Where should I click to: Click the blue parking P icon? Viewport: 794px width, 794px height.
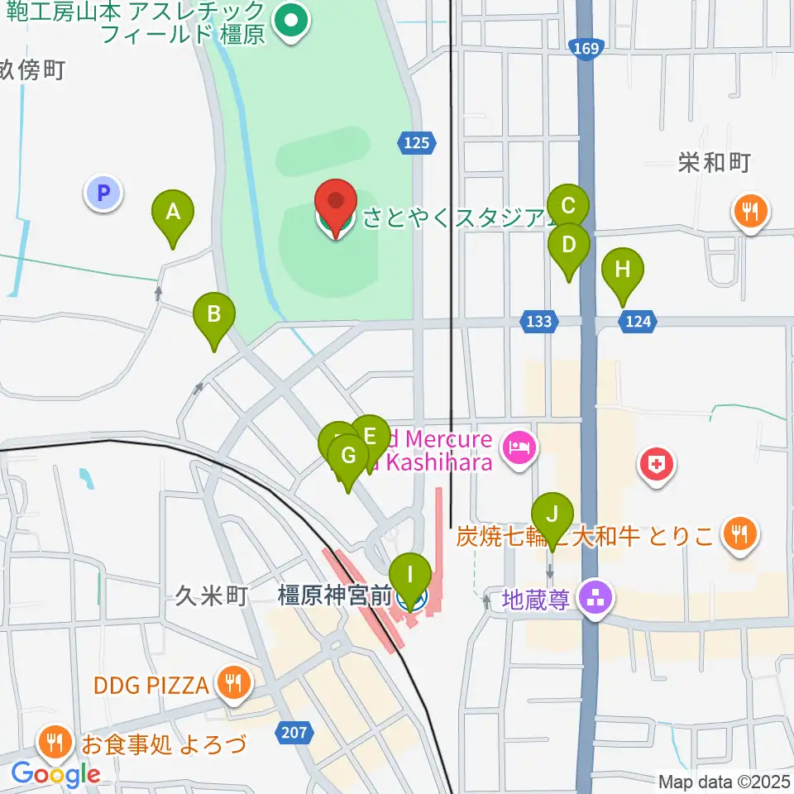pos(103,194)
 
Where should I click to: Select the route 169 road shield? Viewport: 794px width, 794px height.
pos(584,50)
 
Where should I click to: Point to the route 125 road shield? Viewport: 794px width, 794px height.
pos(418,143)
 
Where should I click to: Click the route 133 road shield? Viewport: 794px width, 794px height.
pos(538,321)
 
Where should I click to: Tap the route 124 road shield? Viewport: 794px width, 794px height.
pos(638,321)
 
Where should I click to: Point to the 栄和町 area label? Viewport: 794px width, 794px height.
pos(714,163)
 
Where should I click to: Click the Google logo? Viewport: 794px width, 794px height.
pos(56,774)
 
